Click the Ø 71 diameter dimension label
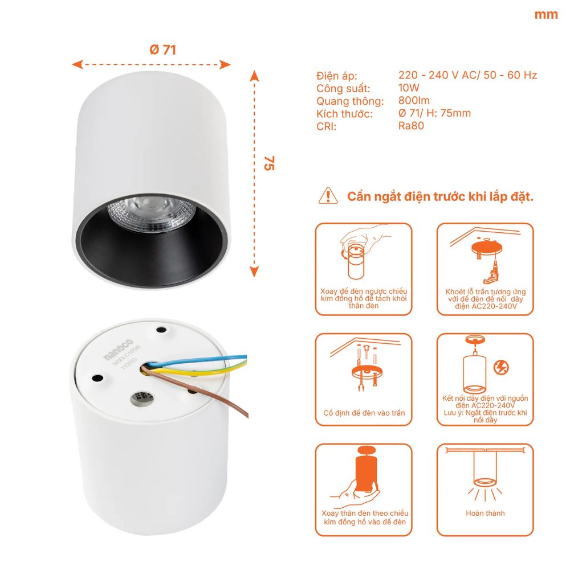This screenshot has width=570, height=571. (x=162, y=50)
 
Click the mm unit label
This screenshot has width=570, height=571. (x=545, y=15)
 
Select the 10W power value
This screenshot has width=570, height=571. (x=409, y=88)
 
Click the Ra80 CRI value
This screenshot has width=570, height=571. (x=411, y=126)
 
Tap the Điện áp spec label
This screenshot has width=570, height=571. (x=336, y=76)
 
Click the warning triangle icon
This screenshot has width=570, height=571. (x=329, y=195)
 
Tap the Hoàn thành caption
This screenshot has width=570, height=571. (x=485, y=513)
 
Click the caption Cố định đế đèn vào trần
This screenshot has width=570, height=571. (x=364, y=413)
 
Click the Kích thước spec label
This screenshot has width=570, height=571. (x=344, y=114)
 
